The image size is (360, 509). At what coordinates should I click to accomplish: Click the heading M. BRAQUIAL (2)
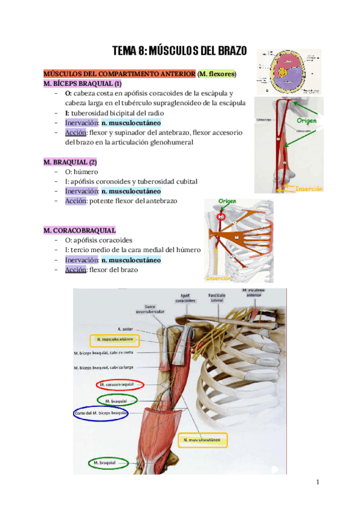pyautogui.click(x=70, y=162)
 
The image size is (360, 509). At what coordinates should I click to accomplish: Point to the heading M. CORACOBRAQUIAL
pyautogui.click(x=80, y=230)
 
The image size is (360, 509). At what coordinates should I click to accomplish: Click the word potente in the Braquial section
pyautogui.click(x=104, y=200)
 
